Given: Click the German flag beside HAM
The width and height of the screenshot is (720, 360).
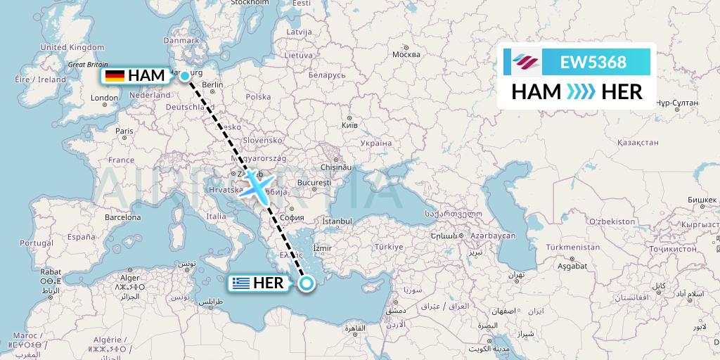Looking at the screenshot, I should click(115, 76).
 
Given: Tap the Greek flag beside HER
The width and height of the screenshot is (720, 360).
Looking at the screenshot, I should click(240, 283).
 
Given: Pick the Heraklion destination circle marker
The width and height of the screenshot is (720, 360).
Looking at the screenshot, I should click(307, 283).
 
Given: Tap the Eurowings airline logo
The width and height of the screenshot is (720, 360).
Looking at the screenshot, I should click(525, 62).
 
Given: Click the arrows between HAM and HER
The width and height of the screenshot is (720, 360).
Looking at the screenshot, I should click(581, 91).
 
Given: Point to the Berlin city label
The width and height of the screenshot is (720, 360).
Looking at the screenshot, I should click(212, 84).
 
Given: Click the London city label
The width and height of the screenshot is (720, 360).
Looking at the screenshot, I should click(104, 98).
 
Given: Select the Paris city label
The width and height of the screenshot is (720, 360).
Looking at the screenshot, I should click(124, 131).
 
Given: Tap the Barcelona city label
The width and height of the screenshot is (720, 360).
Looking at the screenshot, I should click(123, 217).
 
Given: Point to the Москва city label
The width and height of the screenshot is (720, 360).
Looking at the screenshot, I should click(406, 54).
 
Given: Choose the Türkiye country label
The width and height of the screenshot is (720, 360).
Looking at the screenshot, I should click(389, 247).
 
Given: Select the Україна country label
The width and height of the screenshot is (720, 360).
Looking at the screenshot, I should click(375, 143).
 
